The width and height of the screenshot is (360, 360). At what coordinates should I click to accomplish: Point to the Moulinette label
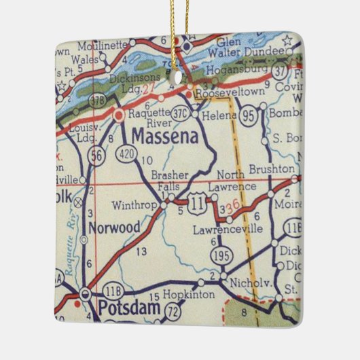pyautogui.click(x=103, y=46)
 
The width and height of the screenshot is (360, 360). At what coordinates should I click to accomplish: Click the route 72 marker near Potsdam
pyautogui.click(x=174, y=311)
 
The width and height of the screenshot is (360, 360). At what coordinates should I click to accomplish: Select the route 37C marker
pyautogui.click(x=181, y=111)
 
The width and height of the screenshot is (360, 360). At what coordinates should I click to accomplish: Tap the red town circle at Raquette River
pyautogui.click(x=119, y=115)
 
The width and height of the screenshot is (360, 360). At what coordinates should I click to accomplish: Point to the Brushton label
pyautogui.click(x=272, y=169)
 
